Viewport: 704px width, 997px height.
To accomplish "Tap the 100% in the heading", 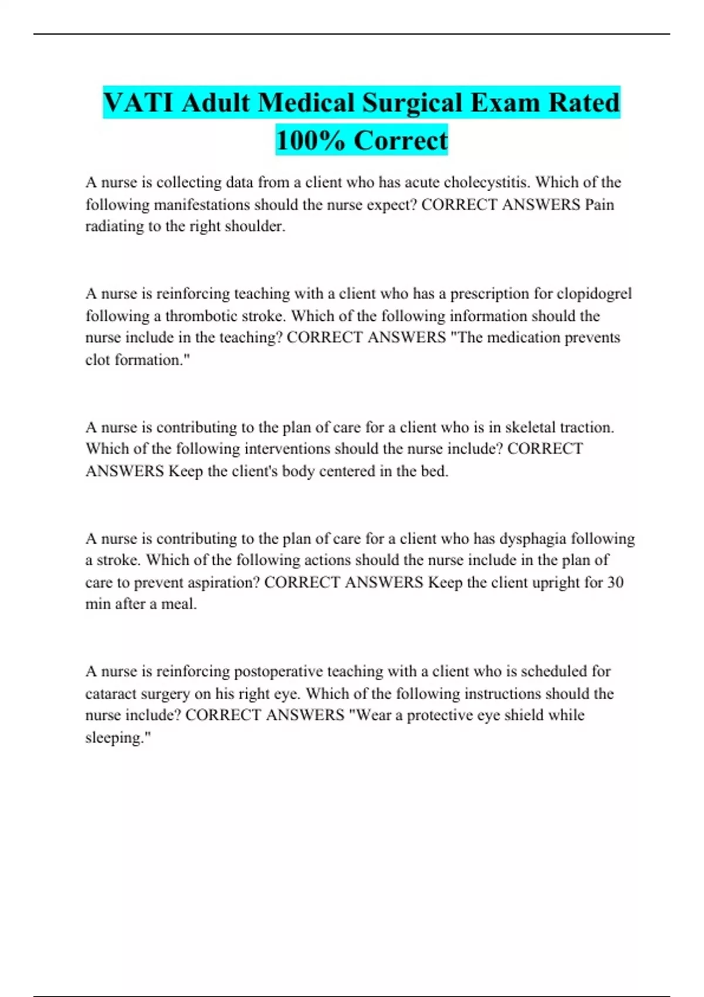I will [310, 141].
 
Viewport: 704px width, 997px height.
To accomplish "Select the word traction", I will [586, 427].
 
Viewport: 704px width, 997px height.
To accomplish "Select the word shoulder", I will [255, 226].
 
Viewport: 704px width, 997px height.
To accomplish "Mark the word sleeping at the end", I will [117, 738].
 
